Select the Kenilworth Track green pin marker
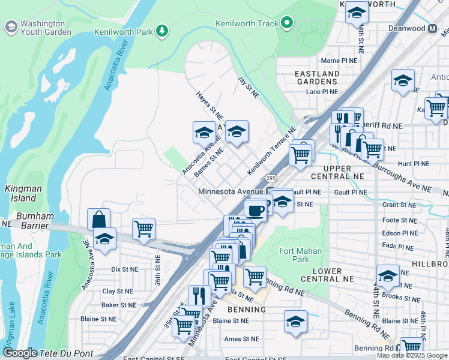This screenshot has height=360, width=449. click(x=288, y=23)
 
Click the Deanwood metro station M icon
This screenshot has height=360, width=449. click(x=432, y=28)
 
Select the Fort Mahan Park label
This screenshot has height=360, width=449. click(x=300, y=255)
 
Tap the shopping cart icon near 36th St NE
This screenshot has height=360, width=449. click(x=143, y=229)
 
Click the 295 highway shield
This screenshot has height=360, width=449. click(x=271, y=178)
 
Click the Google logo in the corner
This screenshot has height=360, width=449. click(x=20, y=353)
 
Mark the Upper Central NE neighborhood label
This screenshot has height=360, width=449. click(x=343, y=173)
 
